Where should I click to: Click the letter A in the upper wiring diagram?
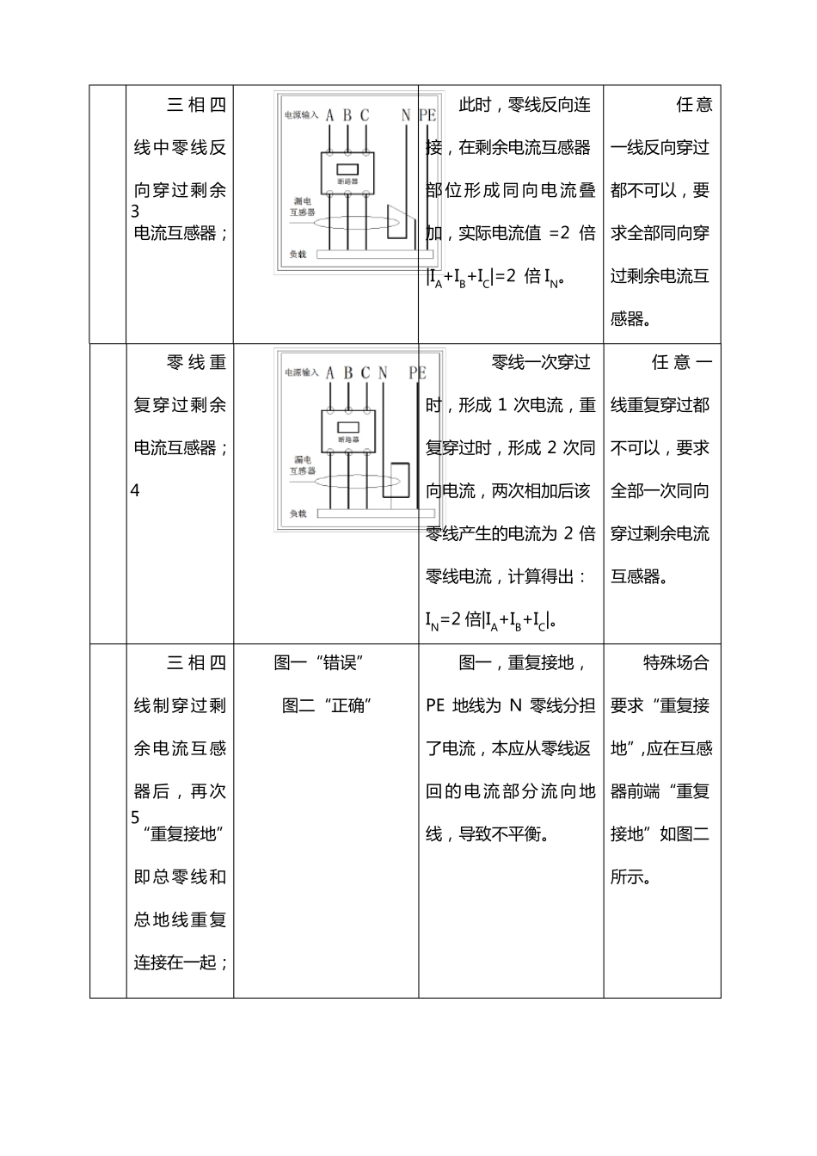point(329,115)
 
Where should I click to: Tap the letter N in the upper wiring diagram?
point(406,115)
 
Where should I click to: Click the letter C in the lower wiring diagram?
point(365,372)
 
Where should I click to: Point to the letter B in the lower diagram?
point(348,372)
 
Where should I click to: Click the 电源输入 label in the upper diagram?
point(302,114)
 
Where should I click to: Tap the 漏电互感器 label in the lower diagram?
point(303,465)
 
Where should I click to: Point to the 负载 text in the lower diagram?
point(298,513)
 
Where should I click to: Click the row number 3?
point(135,212)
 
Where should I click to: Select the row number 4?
point(135,490)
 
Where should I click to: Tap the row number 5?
point(135,817)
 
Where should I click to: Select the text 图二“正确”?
point(326,705)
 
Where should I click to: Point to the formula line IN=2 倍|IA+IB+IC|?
point(490,620)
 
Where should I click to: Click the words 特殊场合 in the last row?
point(676,662)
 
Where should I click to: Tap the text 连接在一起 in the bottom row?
point(175,962)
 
